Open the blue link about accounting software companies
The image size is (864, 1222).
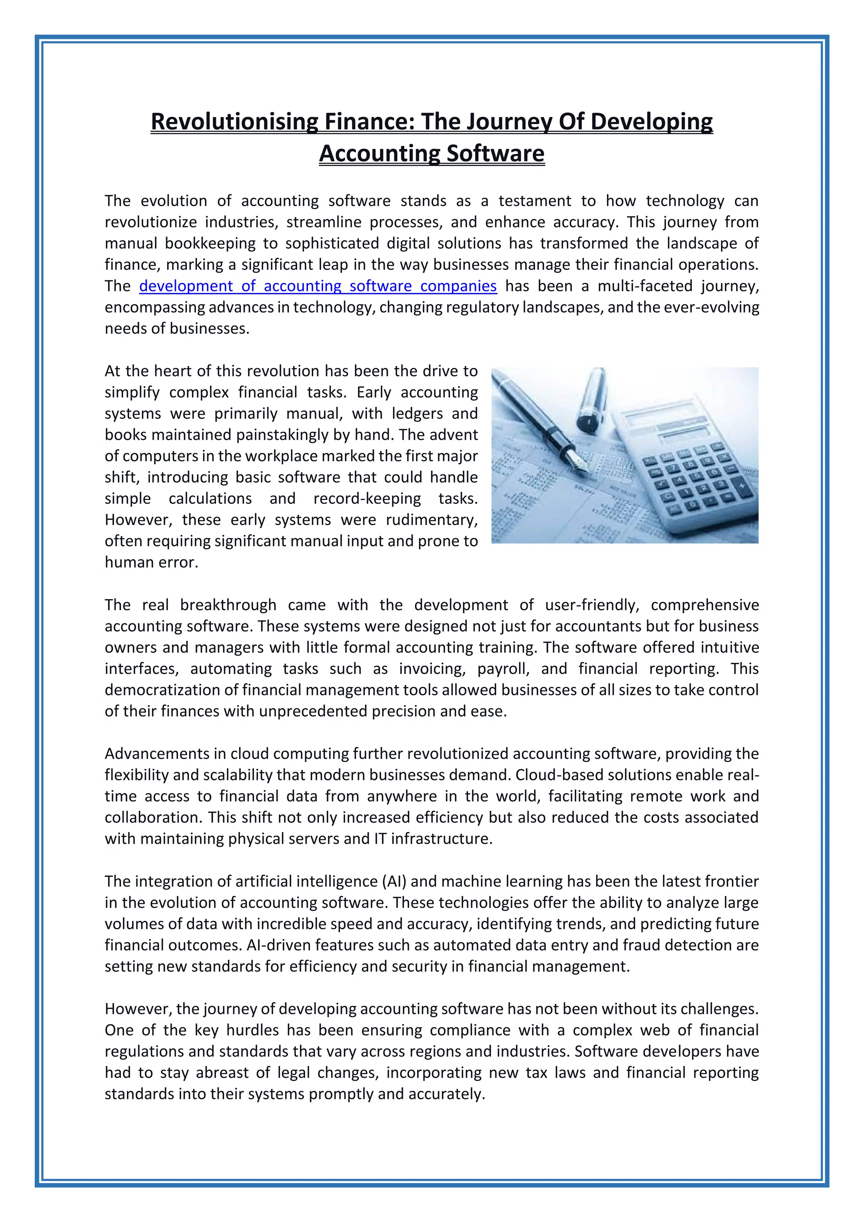[318, 286]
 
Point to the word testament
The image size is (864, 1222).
[535, 201]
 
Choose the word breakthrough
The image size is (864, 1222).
[228, 605]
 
